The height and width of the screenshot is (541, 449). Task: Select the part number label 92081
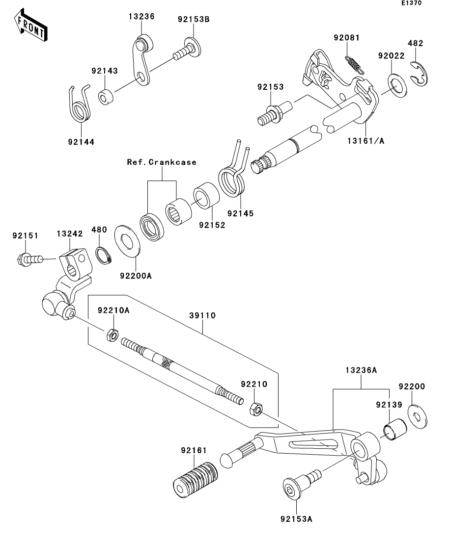click(347, 38)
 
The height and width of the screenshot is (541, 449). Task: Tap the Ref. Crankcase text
click(162, 162)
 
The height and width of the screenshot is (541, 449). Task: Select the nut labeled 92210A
click(112, 335)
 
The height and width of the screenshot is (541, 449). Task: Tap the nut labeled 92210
click(256, 409)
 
